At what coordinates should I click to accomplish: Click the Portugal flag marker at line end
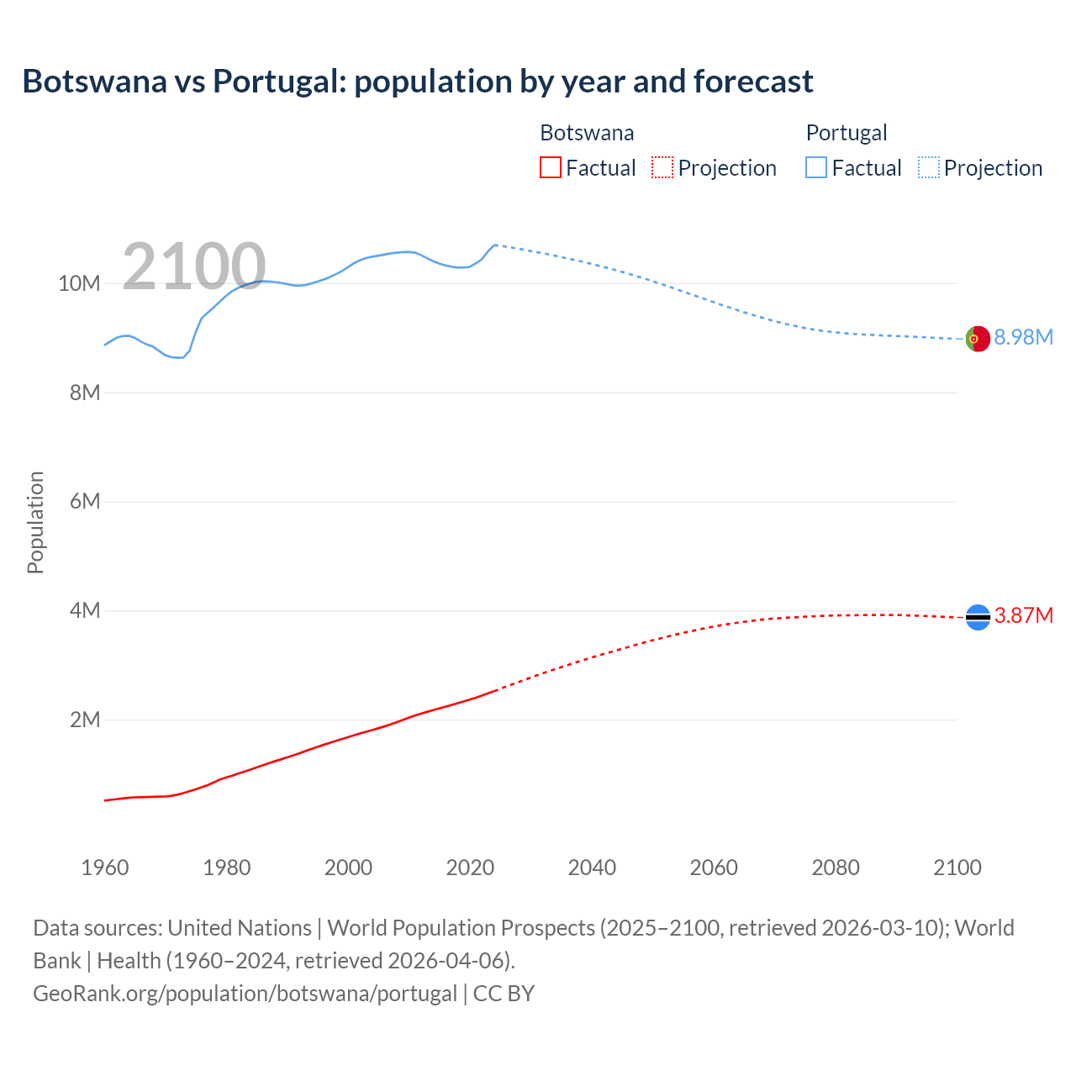pyautogui.click(x=977, y=339)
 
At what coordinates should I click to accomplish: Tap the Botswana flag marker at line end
pyautogui.click(x=977, y=617)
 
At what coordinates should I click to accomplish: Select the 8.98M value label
pyautogui.click(x=1023, y=338)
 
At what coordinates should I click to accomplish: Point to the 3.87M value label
pyautogui.click(x=1023, y=616)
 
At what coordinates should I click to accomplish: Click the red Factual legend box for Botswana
pyautogui.click(x=550, y=167)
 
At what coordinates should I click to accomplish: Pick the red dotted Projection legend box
pyautogui.click(x=662, y=167)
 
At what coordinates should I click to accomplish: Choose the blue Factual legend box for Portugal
pyautogui.click(x=815, y=167)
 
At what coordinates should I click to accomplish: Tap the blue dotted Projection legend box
pyautogui.click(x=928, y=167)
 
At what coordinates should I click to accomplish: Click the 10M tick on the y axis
pyautogui.click(x=79, y=284)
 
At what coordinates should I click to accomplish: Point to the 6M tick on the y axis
pyautogui.click(x=85, y=502)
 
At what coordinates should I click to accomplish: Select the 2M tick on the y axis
pyautogui.click(x=85, y=720)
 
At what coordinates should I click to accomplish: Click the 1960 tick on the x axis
pyautogui.click(x=105, y=868)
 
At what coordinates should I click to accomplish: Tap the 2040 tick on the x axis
pyautogui.click(x=592, y=868)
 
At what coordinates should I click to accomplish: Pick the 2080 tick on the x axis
pyautogui.click(x=836, y=868)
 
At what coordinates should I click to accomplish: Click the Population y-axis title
pyautogui.click(x=35, y=523)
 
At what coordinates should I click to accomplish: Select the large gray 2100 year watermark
pyautogui.click(x=194, y=266)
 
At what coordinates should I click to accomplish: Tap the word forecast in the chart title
pyautogui.click(x=753, y=82)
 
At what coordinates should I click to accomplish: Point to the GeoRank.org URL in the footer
pyautogui.click(x=245, y=994)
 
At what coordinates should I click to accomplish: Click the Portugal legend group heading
pyautogui.click(x=847, y=133)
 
